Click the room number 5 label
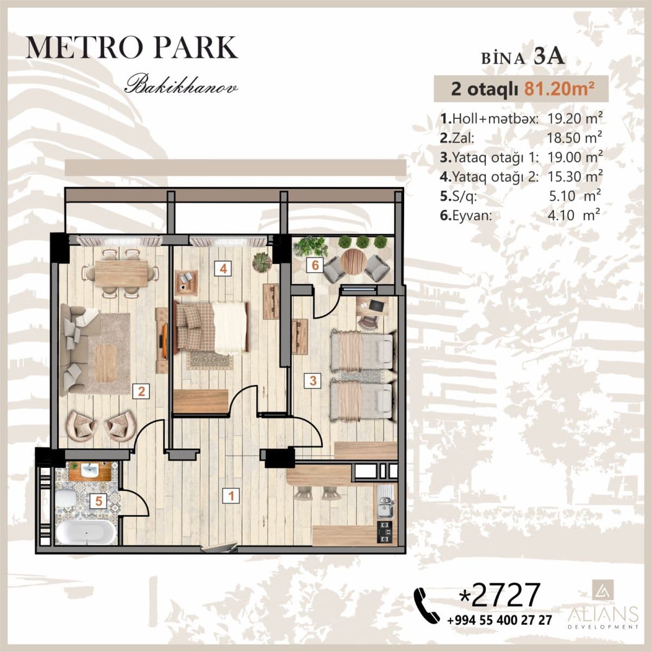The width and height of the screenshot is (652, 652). point(98,501)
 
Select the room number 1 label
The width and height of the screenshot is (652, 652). point(231,496)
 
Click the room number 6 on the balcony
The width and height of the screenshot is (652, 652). point(315,266)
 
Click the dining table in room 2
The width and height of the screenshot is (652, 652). point(121,274)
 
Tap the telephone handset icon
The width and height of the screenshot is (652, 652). point(427,603)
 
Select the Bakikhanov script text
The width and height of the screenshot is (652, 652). point(181,86)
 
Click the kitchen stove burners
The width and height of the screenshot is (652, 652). point(384,532)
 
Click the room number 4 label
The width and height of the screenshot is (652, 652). point(223,268)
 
